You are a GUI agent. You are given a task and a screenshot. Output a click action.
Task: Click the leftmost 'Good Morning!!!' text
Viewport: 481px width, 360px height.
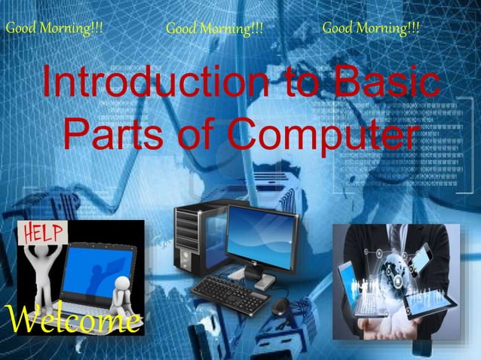(54, 29)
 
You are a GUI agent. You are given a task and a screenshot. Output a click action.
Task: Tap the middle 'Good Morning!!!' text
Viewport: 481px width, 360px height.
(215, 29)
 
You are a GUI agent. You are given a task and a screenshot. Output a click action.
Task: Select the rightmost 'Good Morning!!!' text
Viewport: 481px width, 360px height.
(371, 29)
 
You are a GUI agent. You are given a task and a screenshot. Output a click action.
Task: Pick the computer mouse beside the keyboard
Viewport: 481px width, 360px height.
(280, 305)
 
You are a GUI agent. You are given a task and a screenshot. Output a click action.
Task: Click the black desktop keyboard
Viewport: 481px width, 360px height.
(230, 293)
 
